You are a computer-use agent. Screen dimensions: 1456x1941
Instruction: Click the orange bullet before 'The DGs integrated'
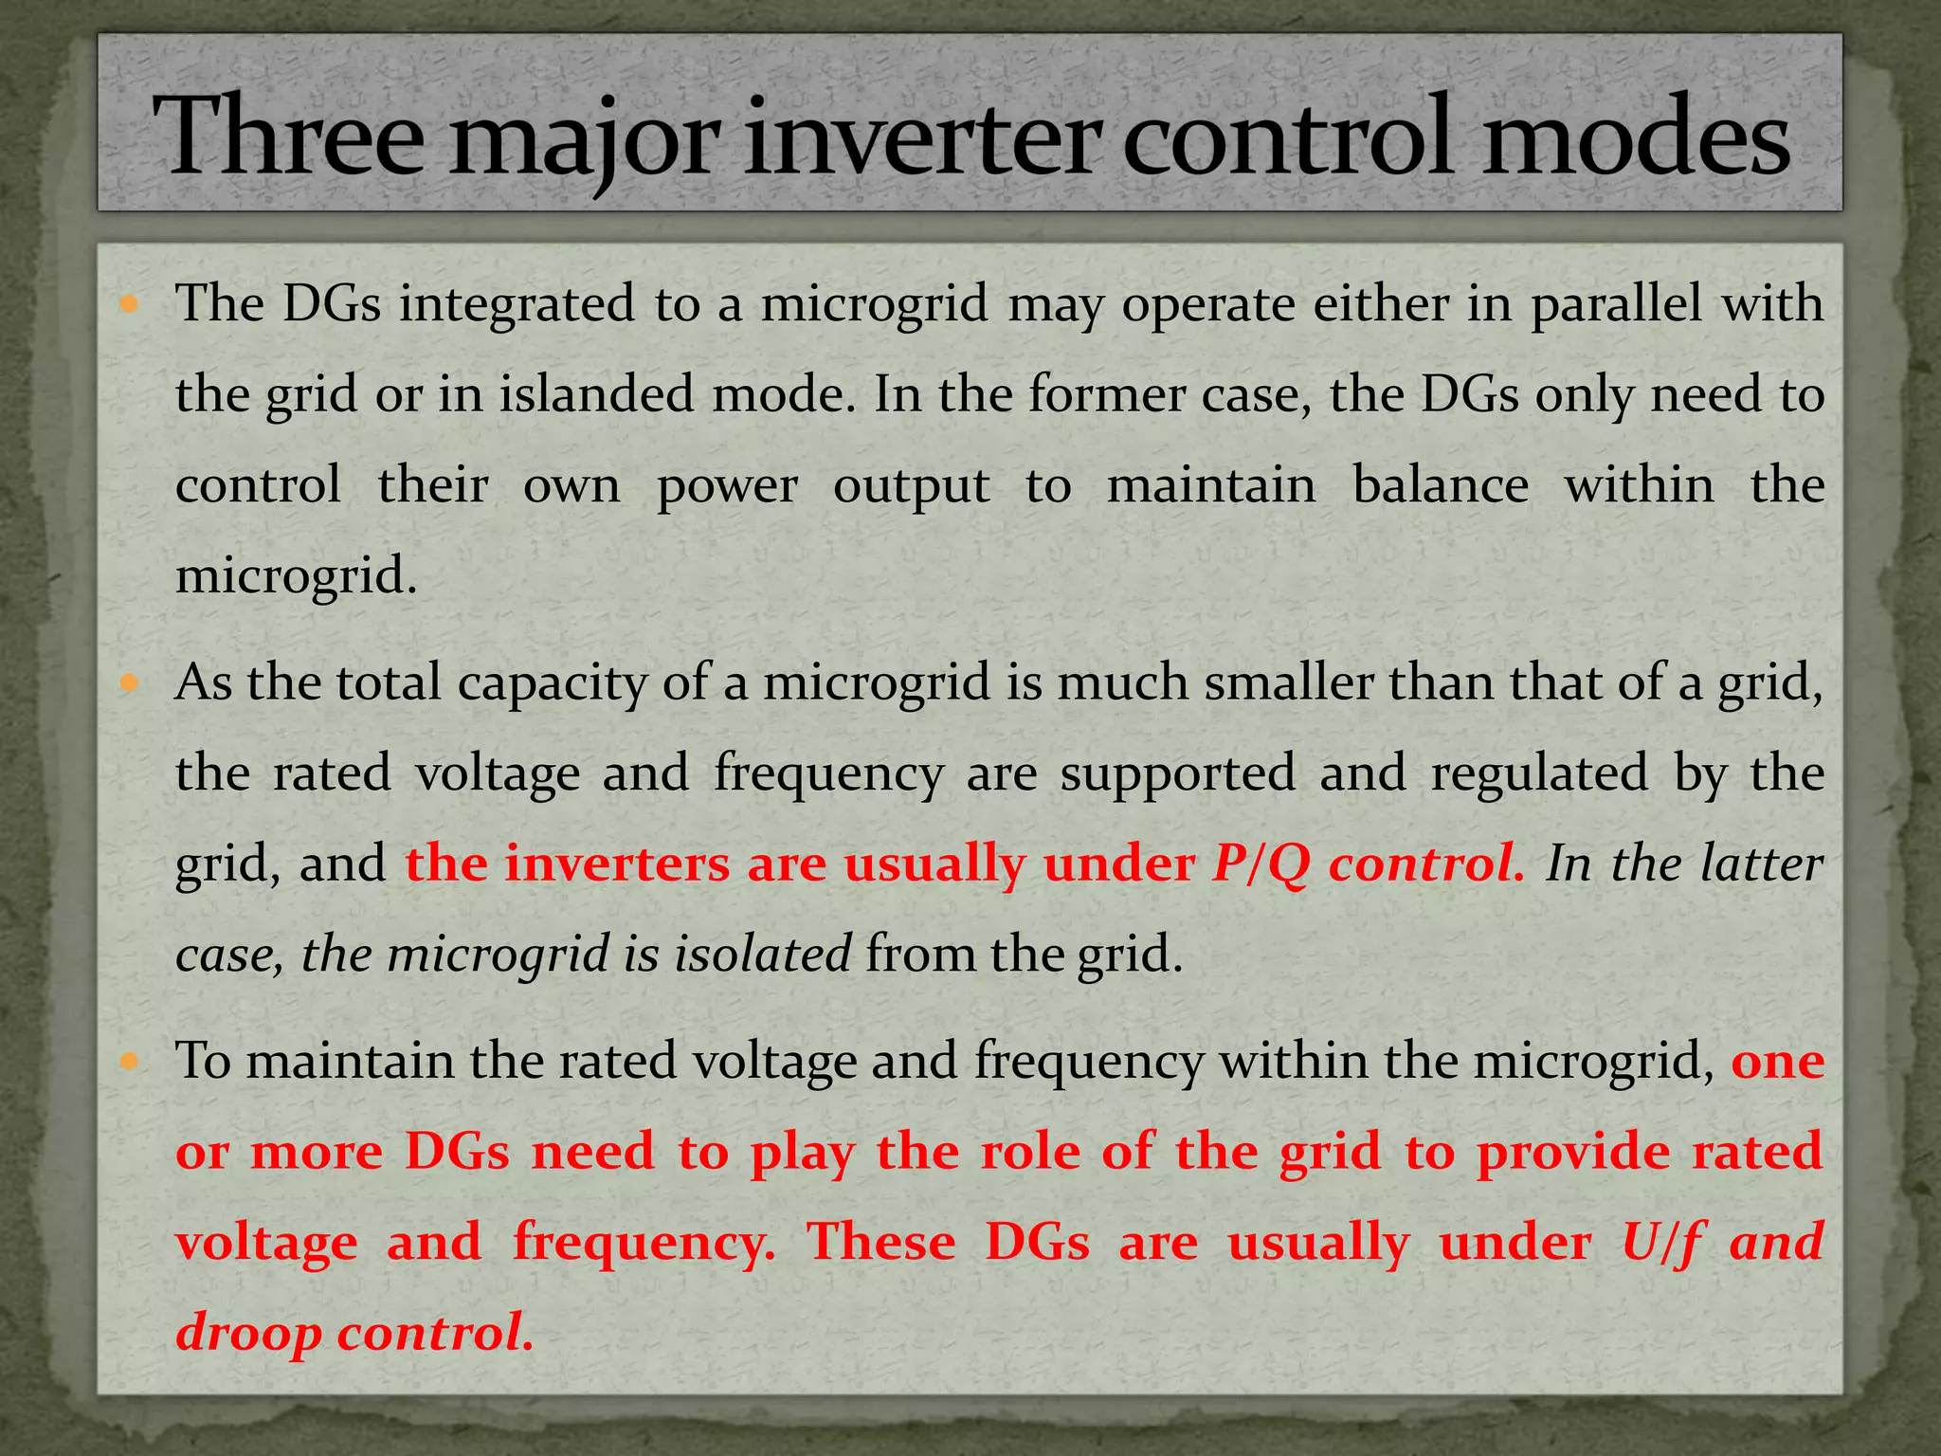pyautogui.click(x=130, y=305)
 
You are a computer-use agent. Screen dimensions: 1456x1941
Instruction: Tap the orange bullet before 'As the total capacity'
pyautogui.click(x=130, y=682)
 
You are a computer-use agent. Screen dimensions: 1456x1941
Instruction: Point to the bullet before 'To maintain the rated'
pyautogui.click(x=130, y=1061)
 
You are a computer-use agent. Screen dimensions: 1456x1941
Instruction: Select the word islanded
pyautogui.click(x=598, y=394)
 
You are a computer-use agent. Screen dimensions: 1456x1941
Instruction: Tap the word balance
pyautogui.click(x=1441, y=485)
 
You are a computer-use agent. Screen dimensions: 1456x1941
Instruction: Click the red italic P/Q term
pyautogui.click(x=1261, y=864)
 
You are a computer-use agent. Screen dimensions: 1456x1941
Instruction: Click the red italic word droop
pyautogui.click(x=249, y=1333)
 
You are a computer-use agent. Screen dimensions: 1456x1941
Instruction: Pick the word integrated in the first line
pyautogui.click(x=517, y=304)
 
